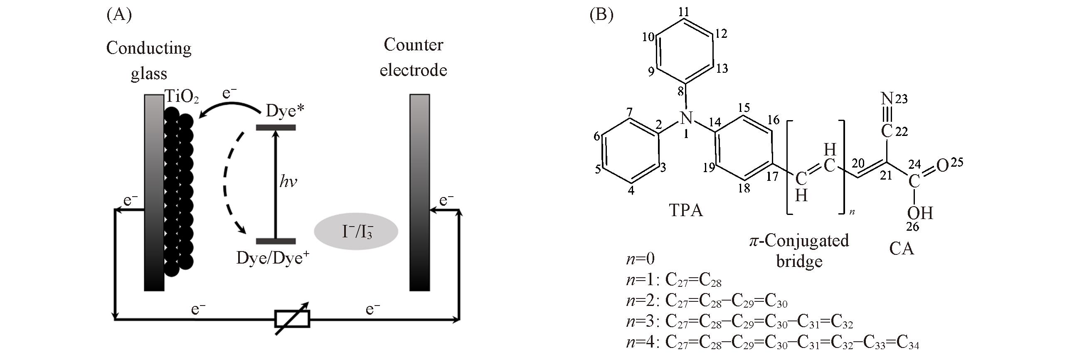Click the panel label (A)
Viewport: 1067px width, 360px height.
pyautogui.click(x=119, y=15)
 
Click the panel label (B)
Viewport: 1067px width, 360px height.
pyautogui.click(x=601, y=15)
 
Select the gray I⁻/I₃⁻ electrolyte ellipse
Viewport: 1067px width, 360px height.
pyautogui.click(x=356, y=232)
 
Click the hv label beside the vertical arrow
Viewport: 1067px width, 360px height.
pyautogui.click(x=288, y=182)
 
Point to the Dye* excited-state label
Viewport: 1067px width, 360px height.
pyautogui.click(x=285, y=111)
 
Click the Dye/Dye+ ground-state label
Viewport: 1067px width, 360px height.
pyautogui.click(x=273, y=258)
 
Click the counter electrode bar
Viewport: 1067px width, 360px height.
pyautogui.click(x=419, y=192)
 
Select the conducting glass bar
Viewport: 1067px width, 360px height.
pyautogui.click(x=154, y=192)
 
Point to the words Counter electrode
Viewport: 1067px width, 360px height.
pyautogui.click(x=413, y=57)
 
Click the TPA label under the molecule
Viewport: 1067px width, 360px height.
pyautogui.click(x=685, y=210)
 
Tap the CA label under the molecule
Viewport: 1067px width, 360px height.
pyautogui.click(x=902, y=249)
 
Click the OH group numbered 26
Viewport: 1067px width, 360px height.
pyautogui.click(x=919, y=213)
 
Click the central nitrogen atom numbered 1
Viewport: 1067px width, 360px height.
pyautogui.click(x=686, y=118)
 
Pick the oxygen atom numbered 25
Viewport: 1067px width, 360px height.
pyautogui.click(x=943, y=166)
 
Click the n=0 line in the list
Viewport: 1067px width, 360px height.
pyautogui.click(x=640, y=259)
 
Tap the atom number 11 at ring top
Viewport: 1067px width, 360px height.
pyautogui.click(x=684, y=12)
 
